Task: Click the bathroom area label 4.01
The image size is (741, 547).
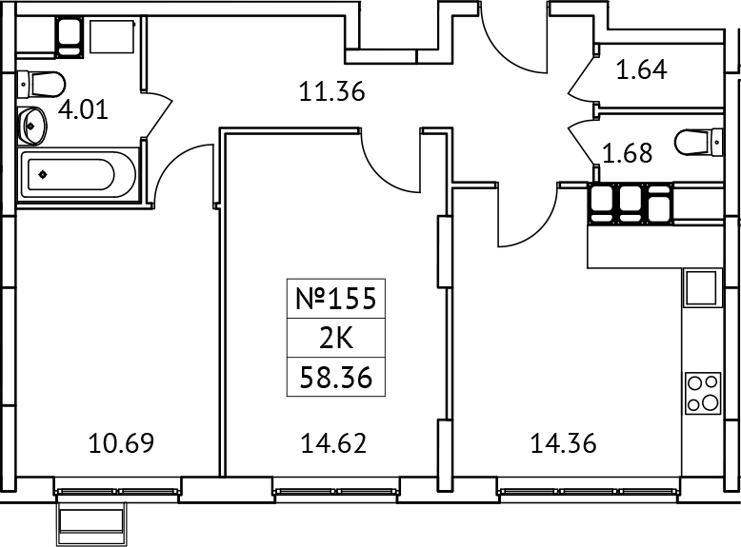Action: [83, 107]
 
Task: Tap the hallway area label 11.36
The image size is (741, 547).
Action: [332, 92]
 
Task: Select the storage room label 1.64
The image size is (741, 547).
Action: [641, 69]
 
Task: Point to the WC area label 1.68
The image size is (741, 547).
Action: [626, 152]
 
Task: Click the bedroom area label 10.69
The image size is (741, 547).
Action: [121, 442]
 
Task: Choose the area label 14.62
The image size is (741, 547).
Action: [333, 442]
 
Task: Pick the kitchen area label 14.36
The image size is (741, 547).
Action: [562, 442]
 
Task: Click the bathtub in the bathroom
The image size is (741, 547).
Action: [71, 175]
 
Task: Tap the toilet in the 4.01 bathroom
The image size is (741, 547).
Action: [40, 84]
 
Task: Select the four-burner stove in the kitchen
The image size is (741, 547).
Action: [703, 393]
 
